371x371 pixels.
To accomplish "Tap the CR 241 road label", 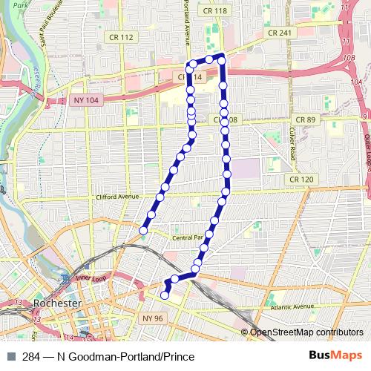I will click(279, 33).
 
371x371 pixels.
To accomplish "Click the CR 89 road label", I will click(305, 119).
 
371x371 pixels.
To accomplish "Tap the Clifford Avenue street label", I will click(118, 197).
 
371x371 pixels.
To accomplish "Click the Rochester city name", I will click(53, 303).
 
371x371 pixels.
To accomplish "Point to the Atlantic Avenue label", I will click(293, 306).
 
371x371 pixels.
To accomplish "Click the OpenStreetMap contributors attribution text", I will click(306, 332).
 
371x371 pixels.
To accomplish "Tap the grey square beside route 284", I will click(10, 357).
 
